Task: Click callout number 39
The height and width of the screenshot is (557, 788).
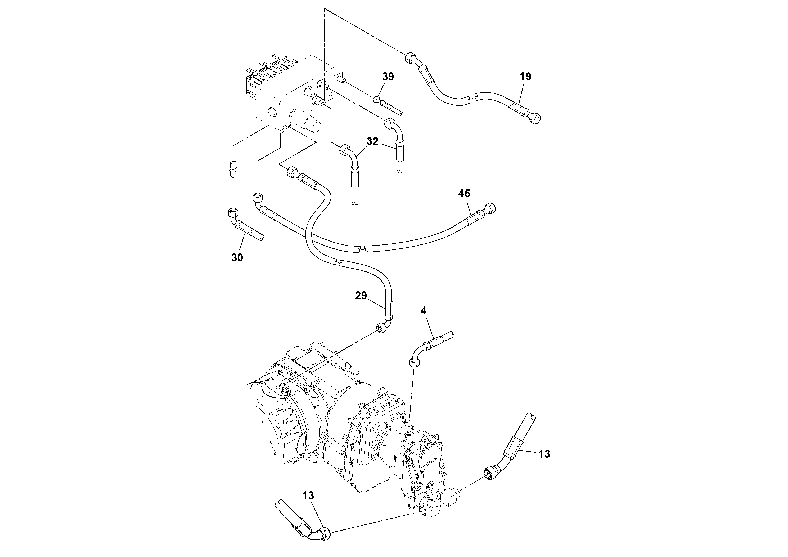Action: point(388,77)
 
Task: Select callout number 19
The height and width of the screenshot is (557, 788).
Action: point(525,77)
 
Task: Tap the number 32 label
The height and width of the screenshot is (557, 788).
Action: point(372,141)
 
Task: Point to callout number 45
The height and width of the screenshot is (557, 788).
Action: point(464,193)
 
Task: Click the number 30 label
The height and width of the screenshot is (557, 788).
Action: point(237,257)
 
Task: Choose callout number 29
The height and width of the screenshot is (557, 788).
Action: point(361,295)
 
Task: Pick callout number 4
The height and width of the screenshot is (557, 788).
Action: point(424,311)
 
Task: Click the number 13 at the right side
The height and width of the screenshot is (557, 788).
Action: point(544,454)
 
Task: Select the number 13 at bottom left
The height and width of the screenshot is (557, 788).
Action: point(308,496)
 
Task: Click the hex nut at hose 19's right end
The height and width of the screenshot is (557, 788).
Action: point(535,118)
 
